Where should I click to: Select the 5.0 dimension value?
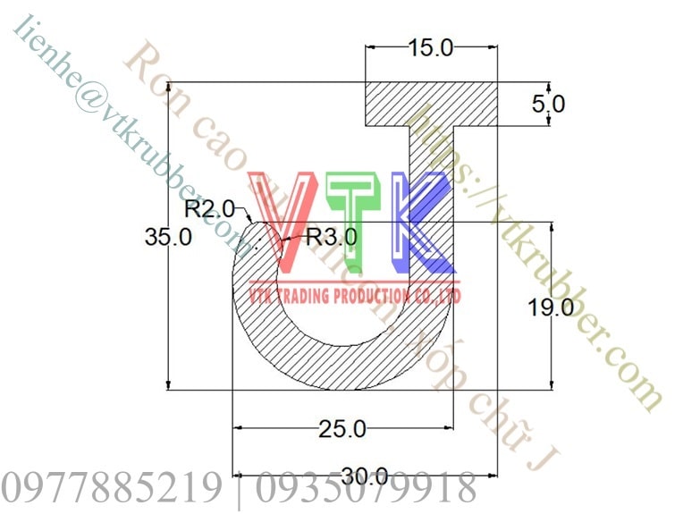pyautogui.click(x=548, y=104)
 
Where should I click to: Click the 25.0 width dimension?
pyautogui.click(x=341, y=429)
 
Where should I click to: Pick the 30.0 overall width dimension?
pyautogui.click(x=364, y=476)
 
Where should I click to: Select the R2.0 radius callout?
pyautogui.click(x=209, y=209)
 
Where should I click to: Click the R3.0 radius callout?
pyautogui.click(x=330, y=237)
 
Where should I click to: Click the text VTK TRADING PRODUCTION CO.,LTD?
pyautogui.click(x=355, y=295)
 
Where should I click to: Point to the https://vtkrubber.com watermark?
pyautogui.click(x=536, y=255)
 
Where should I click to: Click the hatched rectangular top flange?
pyautogui.click(x=431, y=104)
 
